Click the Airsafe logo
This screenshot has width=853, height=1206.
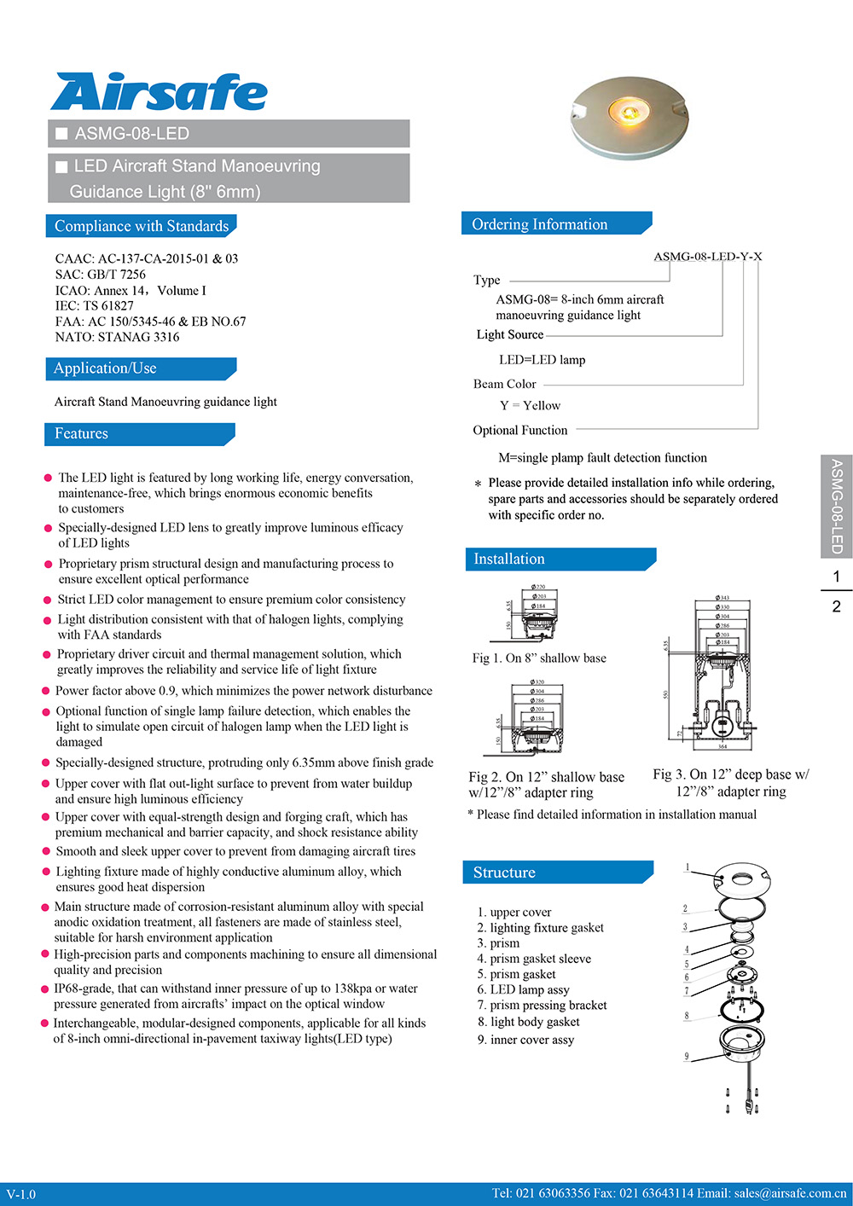tap(159, 92)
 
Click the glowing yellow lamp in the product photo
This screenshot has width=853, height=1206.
tap(628, 111)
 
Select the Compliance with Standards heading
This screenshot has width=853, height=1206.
tap(141, 226)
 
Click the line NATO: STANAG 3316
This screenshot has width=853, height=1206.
tap(117, 337)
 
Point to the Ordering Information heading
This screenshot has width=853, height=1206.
tap(540, 224)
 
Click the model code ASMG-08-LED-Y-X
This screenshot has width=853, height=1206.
tap(707, 256)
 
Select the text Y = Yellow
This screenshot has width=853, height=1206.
tap(530, 406)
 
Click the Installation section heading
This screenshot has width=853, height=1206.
tap(509, 559)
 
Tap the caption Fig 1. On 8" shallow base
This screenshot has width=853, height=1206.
tap(539, 658)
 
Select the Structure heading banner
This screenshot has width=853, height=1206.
tap(505, 873)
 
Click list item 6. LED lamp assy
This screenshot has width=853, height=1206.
tap(523, 989)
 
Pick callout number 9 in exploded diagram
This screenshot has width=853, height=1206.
tap(686, 1057)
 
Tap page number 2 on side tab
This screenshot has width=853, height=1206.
tap(836, 606)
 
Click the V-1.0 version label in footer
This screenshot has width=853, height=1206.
tap(21, 1194)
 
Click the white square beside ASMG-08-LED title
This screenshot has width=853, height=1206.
tap(61, 134)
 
